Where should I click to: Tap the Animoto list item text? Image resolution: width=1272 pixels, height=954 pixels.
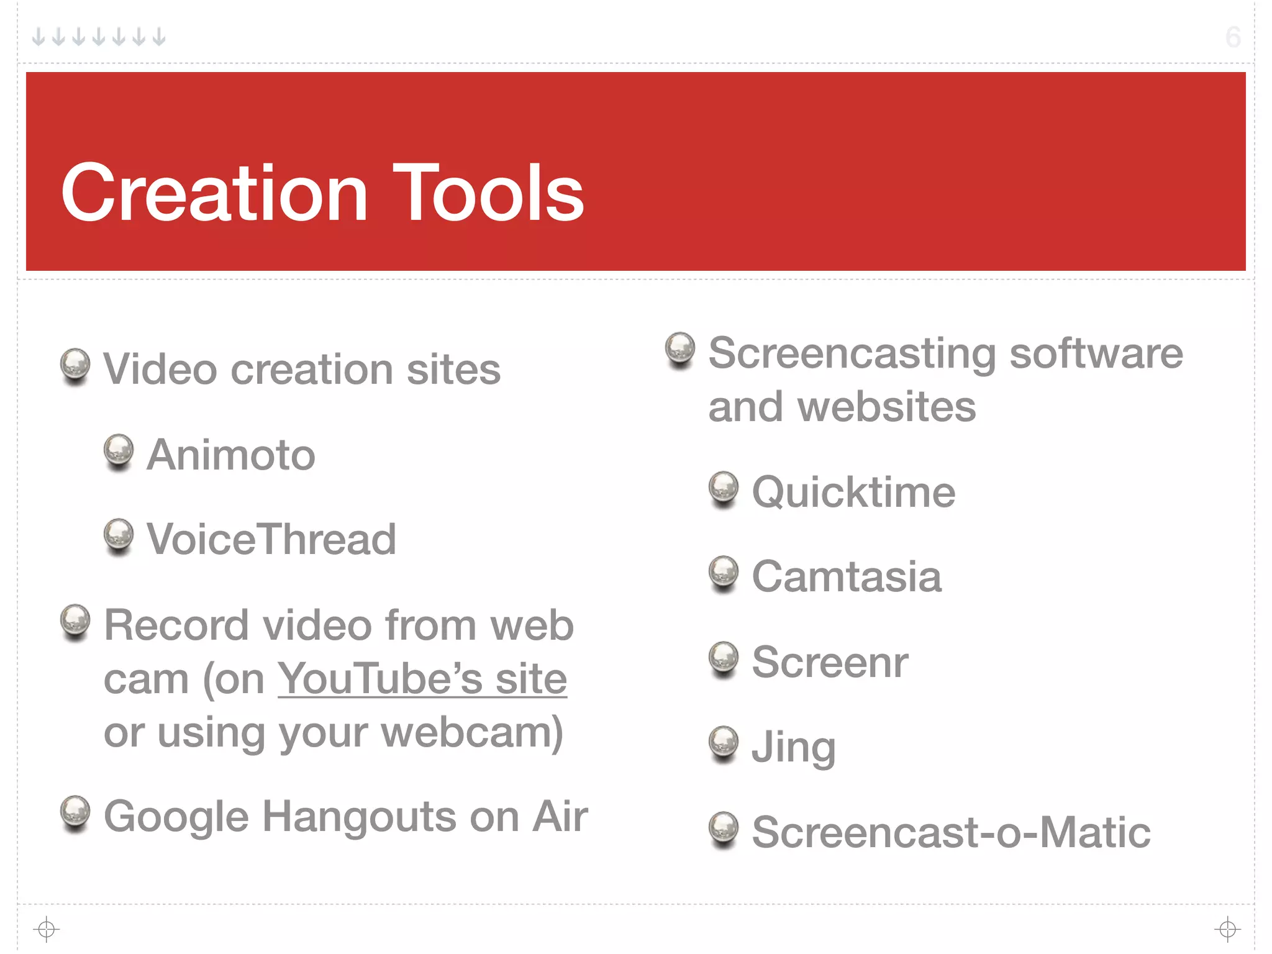point(231,455)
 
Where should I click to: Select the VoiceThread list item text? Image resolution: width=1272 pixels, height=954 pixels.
point(271,539)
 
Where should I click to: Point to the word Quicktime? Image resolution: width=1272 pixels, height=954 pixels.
point(853,492)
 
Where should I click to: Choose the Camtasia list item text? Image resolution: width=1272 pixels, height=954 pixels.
point(847,576)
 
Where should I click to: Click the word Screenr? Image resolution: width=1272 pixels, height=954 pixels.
point(830,661)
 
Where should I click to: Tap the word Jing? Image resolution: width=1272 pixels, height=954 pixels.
point(794,747)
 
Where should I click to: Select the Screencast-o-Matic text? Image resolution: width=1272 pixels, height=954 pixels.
point(951,832)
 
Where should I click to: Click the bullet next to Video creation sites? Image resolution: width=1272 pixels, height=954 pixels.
point(75,365)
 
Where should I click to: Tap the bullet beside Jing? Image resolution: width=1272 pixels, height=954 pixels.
point(724,743)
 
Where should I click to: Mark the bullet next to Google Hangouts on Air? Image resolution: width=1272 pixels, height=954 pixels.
point(75,812)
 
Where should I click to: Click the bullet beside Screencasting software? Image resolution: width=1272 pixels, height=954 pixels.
point(680,348)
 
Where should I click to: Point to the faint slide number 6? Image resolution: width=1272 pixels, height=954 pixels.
point(1233,37)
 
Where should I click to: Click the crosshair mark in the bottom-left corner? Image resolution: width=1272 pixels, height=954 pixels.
point(47,929)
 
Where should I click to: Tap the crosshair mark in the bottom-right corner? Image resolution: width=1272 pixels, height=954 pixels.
point(1227,929)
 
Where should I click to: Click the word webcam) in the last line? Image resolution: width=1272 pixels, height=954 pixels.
point(472,733)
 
